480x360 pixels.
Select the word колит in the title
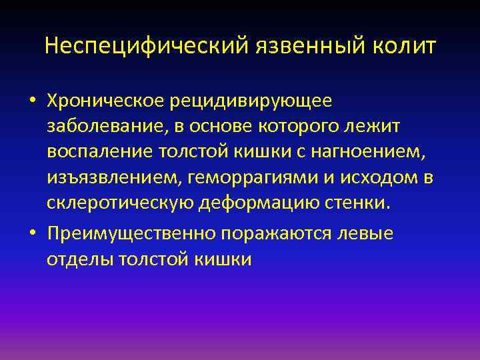pos(405,47)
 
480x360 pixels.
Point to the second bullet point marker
pos(33,234)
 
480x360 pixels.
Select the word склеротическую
pos(120,203)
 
